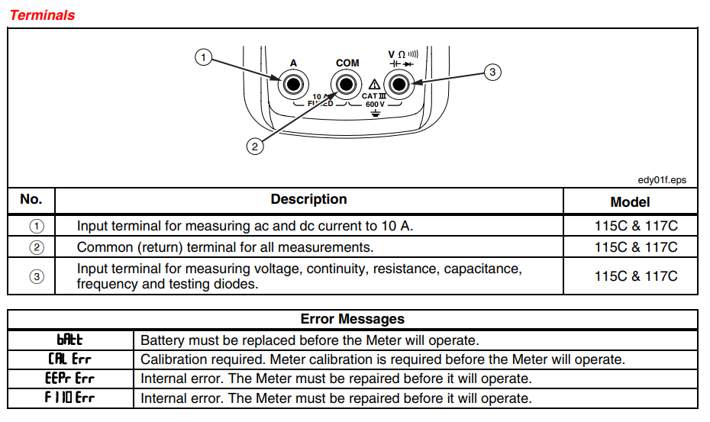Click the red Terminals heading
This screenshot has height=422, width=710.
click(x=42, y=15)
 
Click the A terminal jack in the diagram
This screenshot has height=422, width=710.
click(x=293, y=84)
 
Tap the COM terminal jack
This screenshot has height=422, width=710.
click(x=347, y=84)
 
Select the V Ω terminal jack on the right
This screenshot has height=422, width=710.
click(x=399, y=84)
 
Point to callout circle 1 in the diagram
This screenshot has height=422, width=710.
click(x=203, y=57)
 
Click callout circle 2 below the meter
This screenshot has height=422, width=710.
click(x=255, y=147)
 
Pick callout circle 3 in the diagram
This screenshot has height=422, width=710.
click(x=492, y=72)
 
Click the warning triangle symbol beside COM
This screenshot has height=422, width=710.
click(x=374, y=84)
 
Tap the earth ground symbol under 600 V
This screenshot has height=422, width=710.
click(x=376, y=113)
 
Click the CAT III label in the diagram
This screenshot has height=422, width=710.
click(x=374, y=96)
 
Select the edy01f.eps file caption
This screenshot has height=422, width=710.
click(x=662, y=180)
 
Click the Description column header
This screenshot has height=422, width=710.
click(x=309, y=199)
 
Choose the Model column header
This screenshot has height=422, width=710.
click(x=630, y=202)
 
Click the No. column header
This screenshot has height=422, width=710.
click(x=31, y=199)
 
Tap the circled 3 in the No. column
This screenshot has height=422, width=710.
click(x=37, y=276)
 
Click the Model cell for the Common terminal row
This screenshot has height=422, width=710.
click(x=636, y=247)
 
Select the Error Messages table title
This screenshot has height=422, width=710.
click(x=352, y=319)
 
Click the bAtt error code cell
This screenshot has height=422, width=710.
click(x=69, y=340)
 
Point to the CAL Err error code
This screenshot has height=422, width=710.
click(x=69, y=359)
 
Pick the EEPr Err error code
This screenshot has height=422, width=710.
click(x=69, y=378)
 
